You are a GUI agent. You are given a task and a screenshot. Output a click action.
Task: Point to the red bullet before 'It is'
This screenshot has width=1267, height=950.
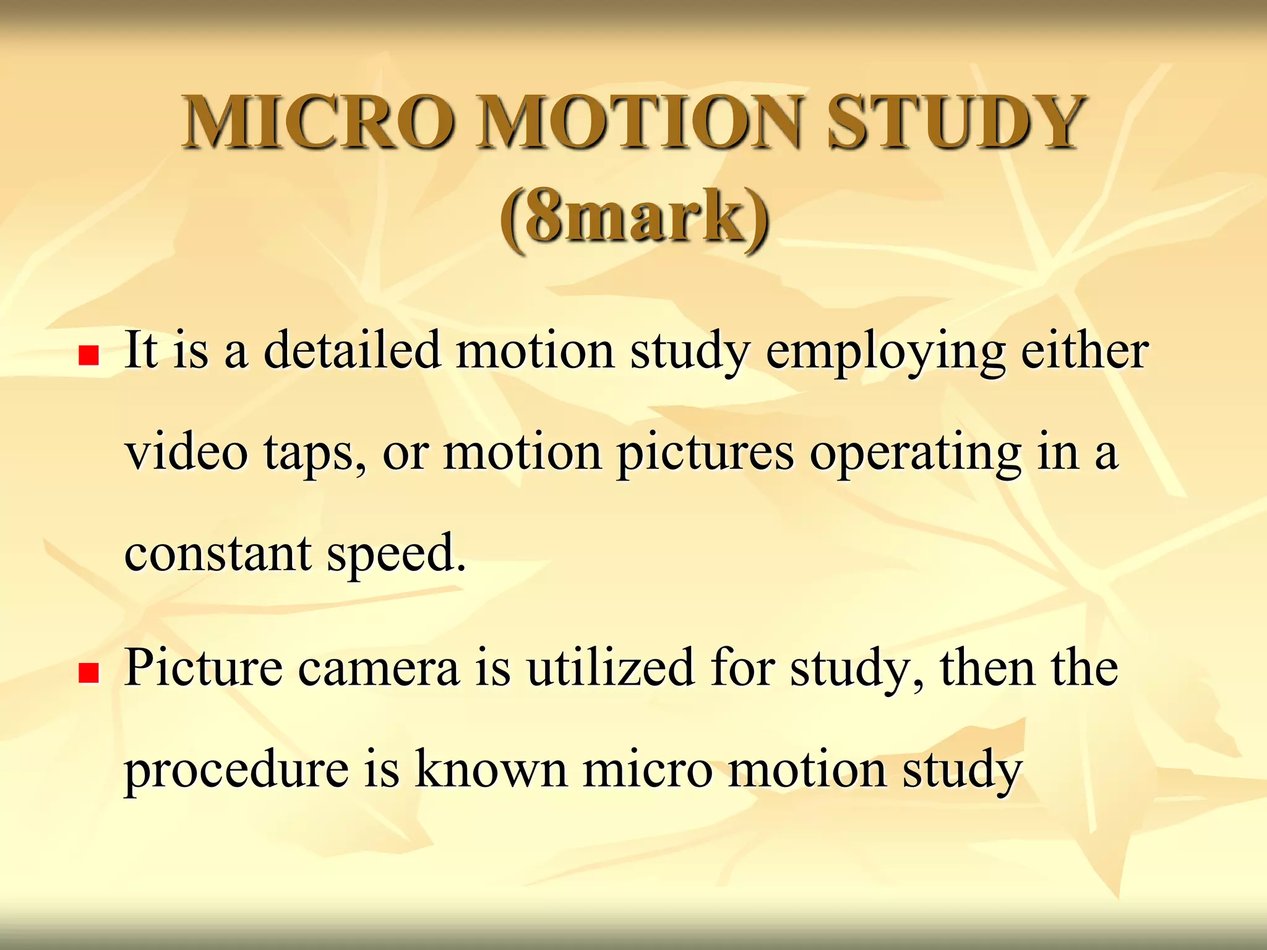point(89,355)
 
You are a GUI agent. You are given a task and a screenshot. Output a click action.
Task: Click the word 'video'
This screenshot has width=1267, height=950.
point(187,452)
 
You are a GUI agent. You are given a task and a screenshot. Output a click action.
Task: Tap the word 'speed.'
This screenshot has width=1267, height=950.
point(397,554)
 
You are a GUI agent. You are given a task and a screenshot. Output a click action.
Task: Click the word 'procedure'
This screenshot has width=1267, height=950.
point(237,770)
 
